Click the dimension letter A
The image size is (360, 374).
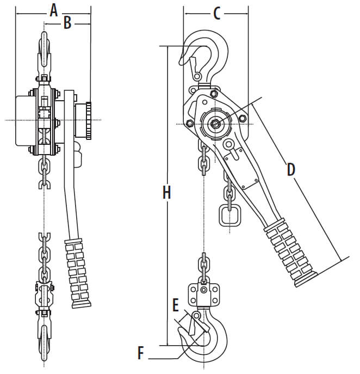[x=54, y=11]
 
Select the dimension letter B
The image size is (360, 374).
[x=67, y=23]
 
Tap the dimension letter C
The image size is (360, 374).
[x=217, y=14]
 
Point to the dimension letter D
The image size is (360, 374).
[x=291, y=170]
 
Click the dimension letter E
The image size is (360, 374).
[x=176, y=305]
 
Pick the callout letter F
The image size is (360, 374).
[x=141, y=353]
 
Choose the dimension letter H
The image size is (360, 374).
[x=167, y=192]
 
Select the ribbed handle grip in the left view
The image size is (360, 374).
[x=77, y=273]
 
